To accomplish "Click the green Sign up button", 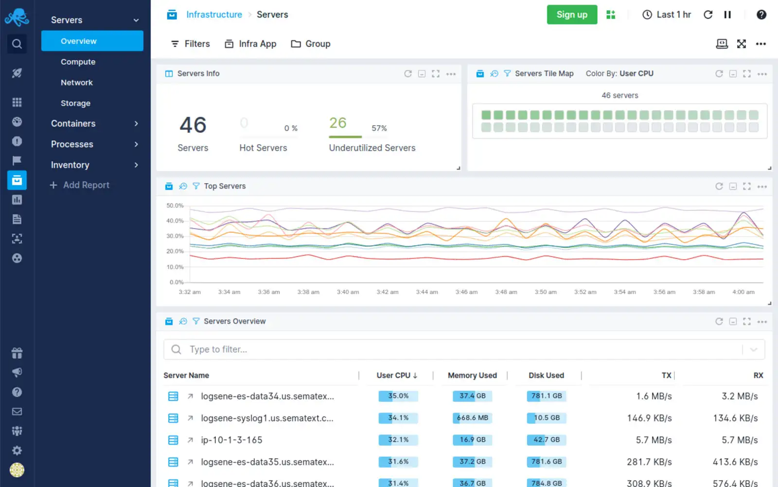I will (x=572, y=15).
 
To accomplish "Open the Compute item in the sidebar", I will (x=78, y=62).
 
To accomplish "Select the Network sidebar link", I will (x=77, y=83).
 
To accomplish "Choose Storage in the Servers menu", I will (x=75, y=103).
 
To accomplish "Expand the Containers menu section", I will (x=95, y=124).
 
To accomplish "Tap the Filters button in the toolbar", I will (x=190, y=44).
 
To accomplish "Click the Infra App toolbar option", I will (x=250, y=44).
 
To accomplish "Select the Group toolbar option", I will (x=311, y=44).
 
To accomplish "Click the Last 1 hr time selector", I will (x=667, y=15).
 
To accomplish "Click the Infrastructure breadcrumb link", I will (x=214, y=15).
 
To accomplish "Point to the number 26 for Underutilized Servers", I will (x=338, y=123).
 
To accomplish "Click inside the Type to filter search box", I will (x=462, y=350).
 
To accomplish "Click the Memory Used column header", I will (x=472, y=375).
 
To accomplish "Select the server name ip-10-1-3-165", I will (x=231, y=440).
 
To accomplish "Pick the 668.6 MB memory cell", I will (x=472, y=418).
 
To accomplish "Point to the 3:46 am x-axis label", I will (x=466, y=292).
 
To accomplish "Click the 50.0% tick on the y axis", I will (x=175, y=206).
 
